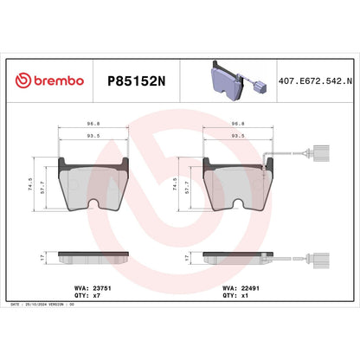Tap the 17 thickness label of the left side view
tap(43, 258)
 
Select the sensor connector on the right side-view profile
tap(319, 257)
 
